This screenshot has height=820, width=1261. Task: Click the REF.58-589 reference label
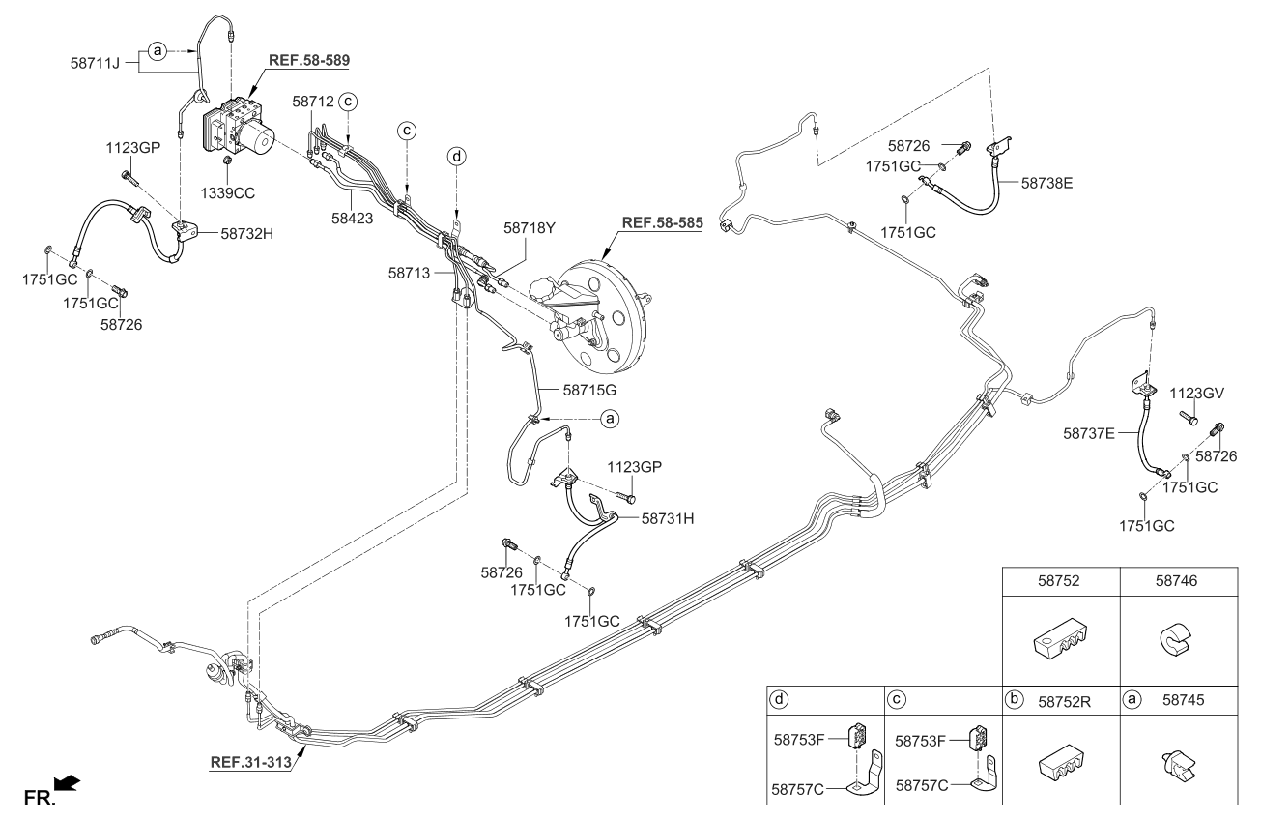pyautogui.click(x=307, y=59)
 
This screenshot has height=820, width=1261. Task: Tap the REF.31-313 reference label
pyautogui.click(x=250, y=760)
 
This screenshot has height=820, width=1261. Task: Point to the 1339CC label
pyautogui.click(x=229, y=192)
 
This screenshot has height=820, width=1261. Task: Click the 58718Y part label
pyautogui.click(x=530, y=229)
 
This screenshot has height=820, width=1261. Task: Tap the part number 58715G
pyautogui.click(x=589, y=390)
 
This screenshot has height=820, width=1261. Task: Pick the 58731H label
pyautogui.click(x=668, y=518)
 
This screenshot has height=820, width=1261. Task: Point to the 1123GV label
pyautogui.click(x=1196, y=394)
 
